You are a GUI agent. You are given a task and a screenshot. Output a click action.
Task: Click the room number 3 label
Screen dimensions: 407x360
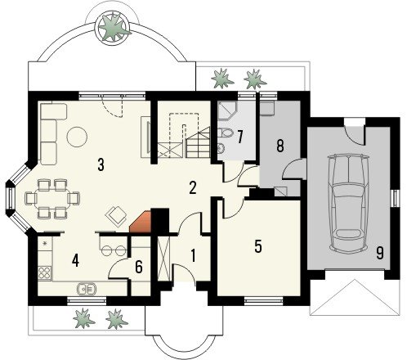[x=101, y=164]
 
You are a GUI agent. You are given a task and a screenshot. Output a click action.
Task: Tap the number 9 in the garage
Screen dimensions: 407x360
[x=380, y=253]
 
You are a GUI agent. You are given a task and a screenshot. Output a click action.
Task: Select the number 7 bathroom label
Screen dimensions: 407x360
[x=239, y=137]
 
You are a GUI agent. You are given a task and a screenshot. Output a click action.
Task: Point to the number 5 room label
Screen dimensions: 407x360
[x=258, y=246]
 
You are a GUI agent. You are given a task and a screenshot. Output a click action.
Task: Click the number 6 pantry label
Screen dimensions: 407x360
[x=139, y=267]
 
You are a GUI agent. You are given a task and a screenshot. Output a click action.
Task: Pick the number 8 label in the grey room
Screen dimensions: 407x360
[x=280, y=146]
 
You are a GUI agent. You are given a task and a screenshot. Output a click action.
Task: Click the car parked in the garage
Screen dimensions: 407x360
[x=348, y=203]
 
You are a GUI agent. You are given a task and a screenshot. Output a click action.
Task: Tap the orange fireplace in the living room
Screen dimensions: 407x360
[x=141, y=222]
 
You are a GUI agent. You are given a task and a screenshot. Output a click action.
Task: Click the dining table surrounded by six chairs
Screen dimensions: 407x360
[x=52, y=198]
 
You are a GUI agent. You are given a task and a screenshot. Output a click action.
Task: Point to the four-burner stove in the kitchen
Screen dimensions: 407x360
[x=44, y=273]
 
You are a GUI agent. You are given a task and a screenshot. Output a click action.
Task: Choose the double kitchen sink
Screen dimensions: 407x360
[x=87, y=289]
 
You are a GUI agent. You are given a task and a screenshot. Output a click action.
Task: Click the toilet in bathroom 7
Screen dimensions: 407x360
[x=226, y=133]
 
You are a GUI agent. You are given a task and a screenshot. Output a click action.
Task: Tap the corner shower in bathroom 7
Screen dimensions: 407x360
[x=227, y=111]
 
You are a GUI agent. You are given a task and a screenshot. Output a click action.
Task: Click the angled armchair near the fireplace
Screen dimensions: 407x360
[x=116, y=216]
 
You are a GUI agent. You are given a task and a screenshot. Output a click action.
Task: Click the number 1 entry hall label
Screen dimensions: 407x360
[x=193, y=256]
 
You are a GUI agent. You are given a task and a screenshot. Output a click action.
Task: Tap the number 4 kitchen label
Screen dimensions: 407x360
[x=75, y=261]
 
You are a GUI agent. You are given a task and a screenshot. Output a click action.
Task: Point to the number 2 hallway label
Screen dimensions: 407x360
[x=193, y=188]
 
